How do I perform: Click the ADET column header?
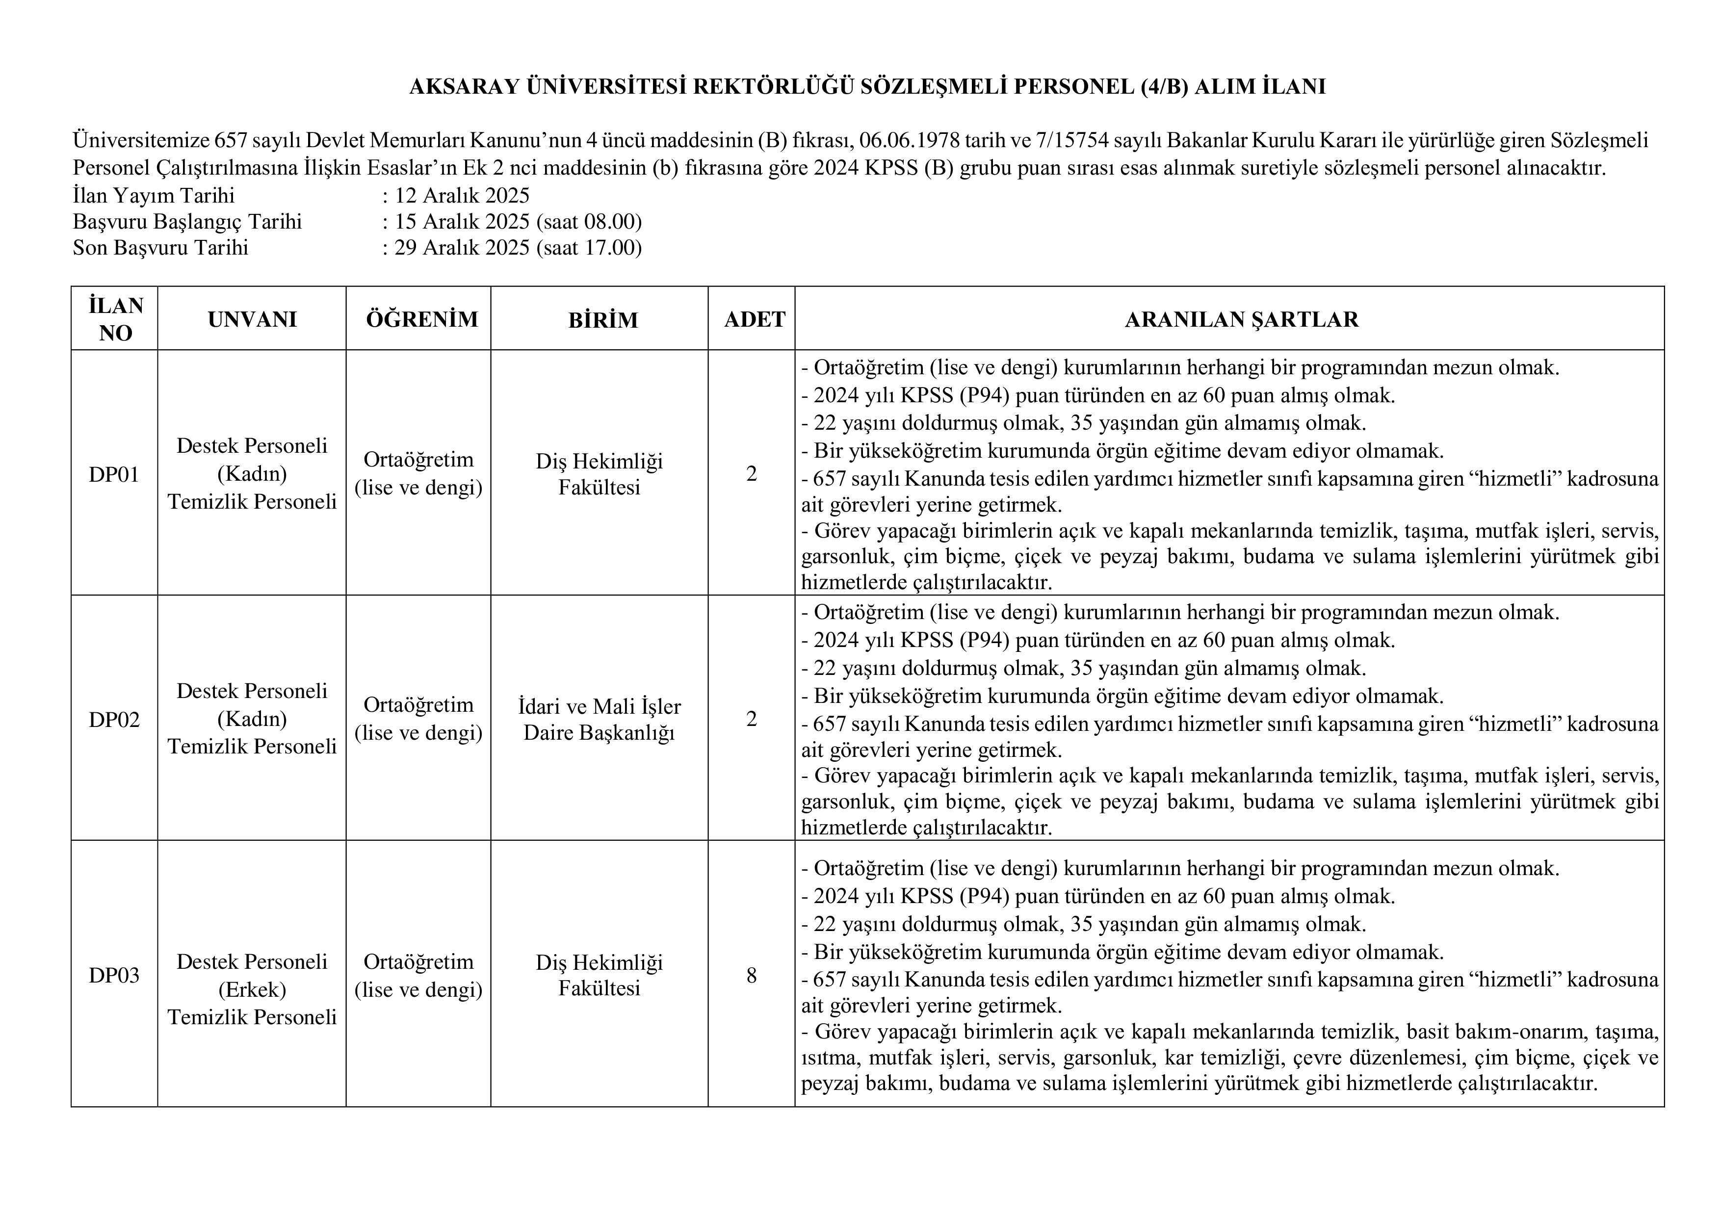[754, 319]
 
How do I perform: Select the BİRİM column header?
[602, 320]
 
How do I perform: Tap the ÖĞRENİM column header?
[422, 319]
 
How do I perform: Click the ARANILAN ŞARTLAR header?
[1241, 319]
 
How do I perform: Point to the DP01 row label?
[114, 474]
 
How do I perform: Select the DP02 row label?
[114, 720]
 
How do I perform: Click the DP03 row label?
[114, 976]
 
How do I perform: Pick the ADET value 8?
[751, 976]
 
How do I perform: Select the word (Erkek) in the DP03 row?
[252, 990]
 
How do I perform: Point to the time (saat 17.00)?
[589, 247]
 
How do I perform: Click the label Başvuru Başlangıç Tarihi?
[187, 222]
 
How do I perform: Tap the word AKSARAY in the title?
[464, 87]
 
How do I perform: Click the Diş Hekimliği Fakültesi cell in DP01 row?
[599, 474]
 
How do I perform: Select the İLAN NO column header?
[115, 319]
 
